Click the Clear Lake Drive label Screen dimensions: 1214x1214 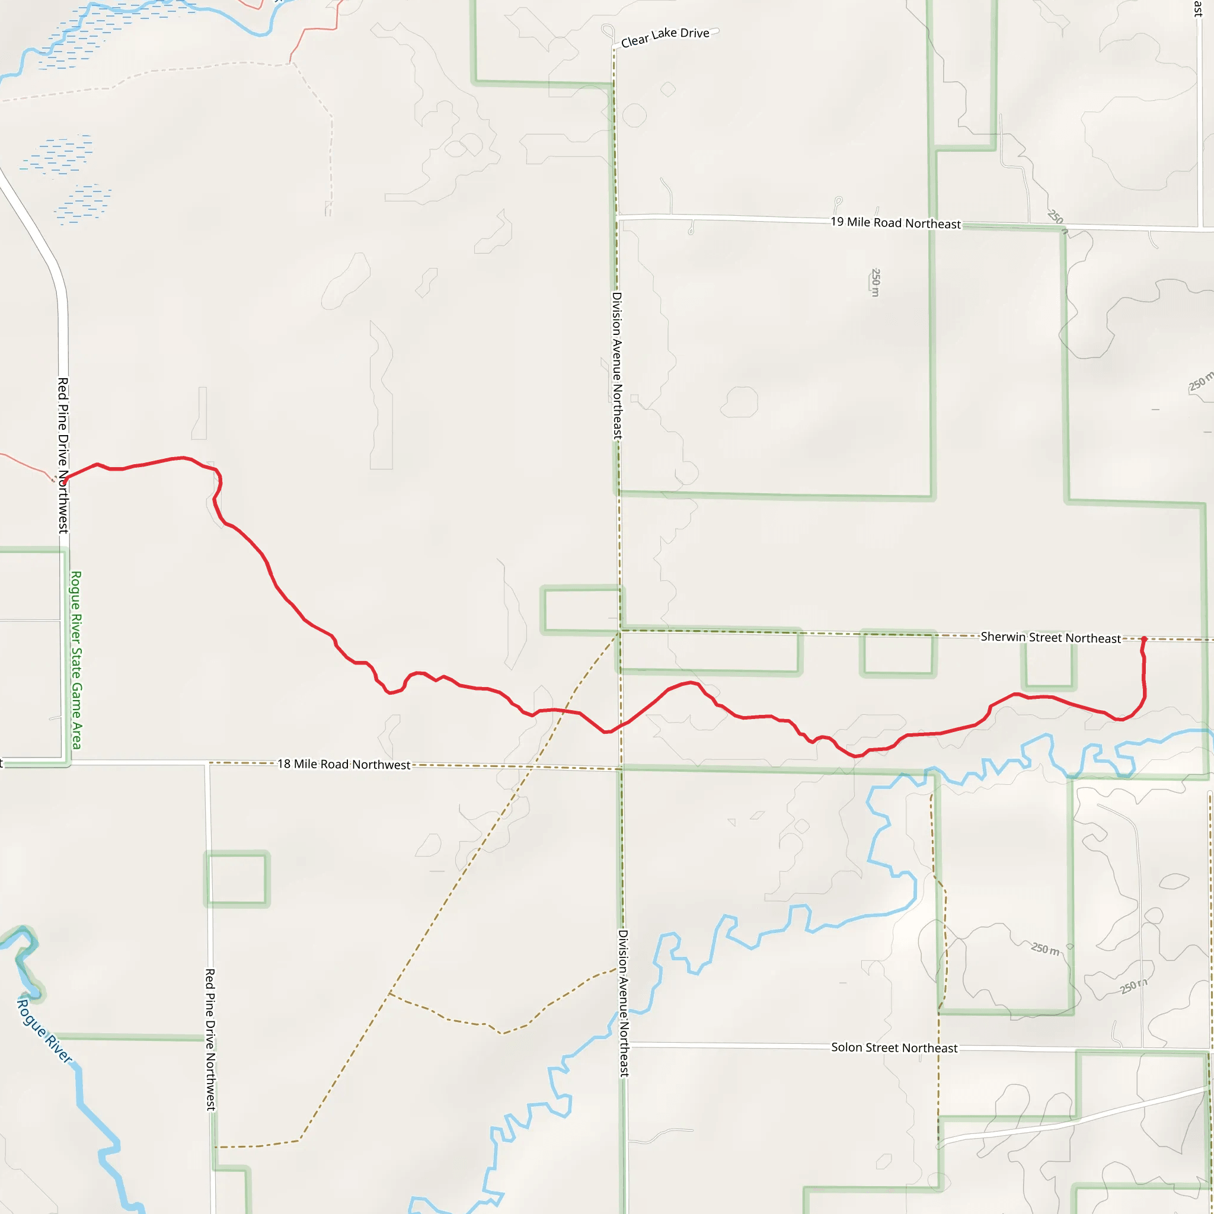[665, 37]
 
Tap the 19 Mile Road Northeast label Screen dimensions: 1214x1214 [896, 222]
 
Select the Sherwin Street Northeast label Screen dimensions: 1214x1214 [1050, 638]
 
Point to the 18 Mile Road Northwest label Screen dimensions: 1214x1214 [344, 764]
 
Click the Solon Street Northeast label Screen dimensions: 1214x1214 [894, 1047]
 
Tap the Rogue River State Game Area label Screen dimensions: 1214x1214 [76, 660]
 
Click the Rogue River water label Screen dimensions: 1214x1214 [44, 1030]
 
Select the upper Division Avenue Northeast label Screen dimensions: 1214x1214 [618, 366]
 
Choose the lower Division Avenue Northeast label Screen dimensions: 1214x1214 [624, 1004]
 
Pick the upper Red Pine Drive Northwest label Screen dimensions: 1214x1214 [63, 456]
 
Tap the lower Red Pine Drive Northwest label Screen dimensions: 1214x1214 [210, 1039]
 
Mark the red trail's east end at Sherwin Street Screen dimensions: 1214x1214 [1143, 639]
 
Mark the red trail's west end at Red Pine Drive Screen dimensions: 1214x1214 [64, 482]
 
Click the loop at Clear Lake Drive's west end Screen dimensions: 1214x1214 [608, 31]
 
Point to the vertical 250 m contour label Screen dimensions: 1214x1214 [876, 282]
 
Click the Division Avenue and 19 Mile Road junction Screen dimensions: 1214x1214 [617, 218]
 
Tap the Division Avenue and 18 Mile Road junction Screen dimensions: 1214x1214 [621, 768]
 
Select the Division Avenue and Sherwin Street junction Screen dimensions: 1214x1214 [620, 630]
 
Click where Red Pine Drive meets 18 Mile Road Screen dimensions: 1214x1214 [208, 763]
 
